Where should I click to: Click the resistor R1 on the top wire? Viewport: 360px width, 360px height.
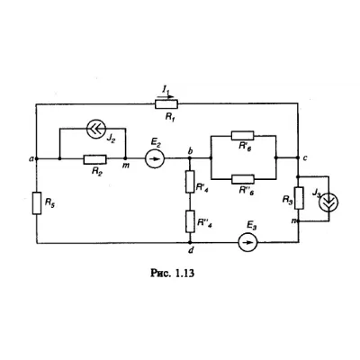[166, 104]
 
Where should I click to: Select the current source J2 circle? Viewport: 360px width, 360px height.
[96, 129]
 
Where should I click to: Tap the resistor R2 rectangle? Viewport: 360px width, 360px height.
[95, 159]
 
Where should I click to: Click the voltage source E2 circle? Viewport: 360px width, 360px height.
[155, 158]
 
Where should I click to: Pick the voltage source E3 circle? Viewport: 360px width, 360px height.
[247, 242]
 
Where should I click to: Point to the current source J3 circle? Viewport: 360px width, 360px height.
[328, 202]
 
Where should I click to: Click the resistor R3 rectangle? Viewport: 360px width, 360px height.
[299, 198]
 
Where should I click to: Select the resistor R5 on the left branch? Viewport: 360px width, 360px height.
[37, 203]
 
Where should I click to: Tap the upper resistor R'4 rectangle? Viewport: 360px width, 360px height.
[190, 182]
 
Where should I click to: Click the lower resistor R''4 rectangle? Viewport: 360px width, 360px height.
[190, 221]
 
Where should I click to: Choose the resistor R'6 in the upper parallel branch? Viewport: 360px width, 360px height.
[243, 136]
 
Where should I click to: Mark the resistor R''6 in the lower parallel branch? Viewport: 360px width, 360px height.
[243, 179]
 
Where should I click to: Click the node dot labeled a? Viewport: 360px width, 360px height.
[36, 158]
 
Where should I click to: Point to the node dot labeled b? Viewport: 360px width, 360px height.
[190, 158]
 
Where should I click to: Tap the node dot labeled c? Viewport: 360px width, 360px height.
[298, 157]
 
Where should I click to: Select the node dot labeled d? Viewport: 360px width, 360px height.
[190, 242]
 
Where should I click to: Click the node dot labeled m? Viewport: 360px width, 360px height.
[126, 158]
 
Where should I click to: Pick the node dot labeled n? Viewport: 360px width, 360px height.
[299, 221]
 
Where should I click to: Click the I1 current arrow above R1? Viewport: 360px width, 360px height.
[165, 96]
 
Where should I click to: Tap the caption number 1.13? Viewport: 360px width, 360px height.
[184, 273]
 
